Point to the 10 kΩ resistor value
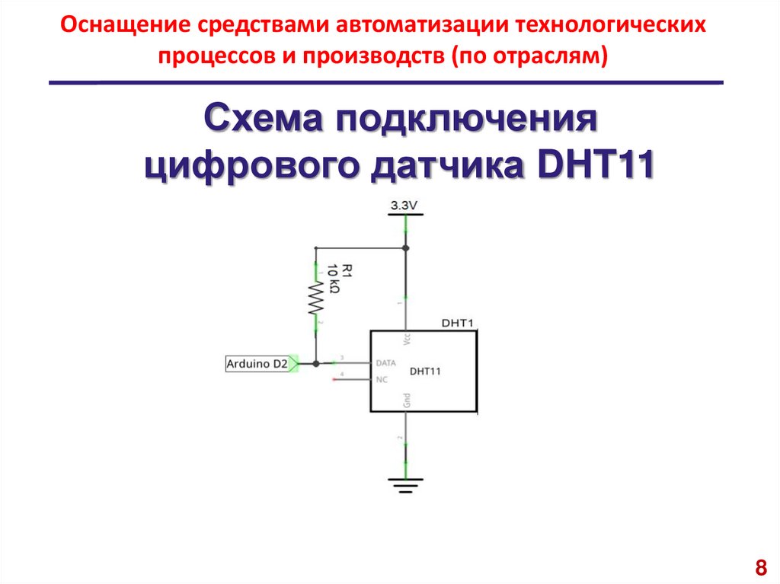point(333,281)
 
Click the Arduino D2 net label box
point(257,365)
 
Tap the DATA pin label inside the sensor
point(387,363)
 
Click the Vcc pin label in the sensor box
point(407,340)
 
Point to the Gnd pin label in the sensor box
point(407,400)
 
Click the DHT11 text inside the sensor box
point(426,372)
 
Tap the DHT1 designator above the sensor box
point(457,323)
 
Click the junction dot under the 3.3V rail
point(405,248)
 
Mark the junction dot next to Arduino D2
point(315,364)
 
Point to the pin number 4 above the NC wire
point(341,374)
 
